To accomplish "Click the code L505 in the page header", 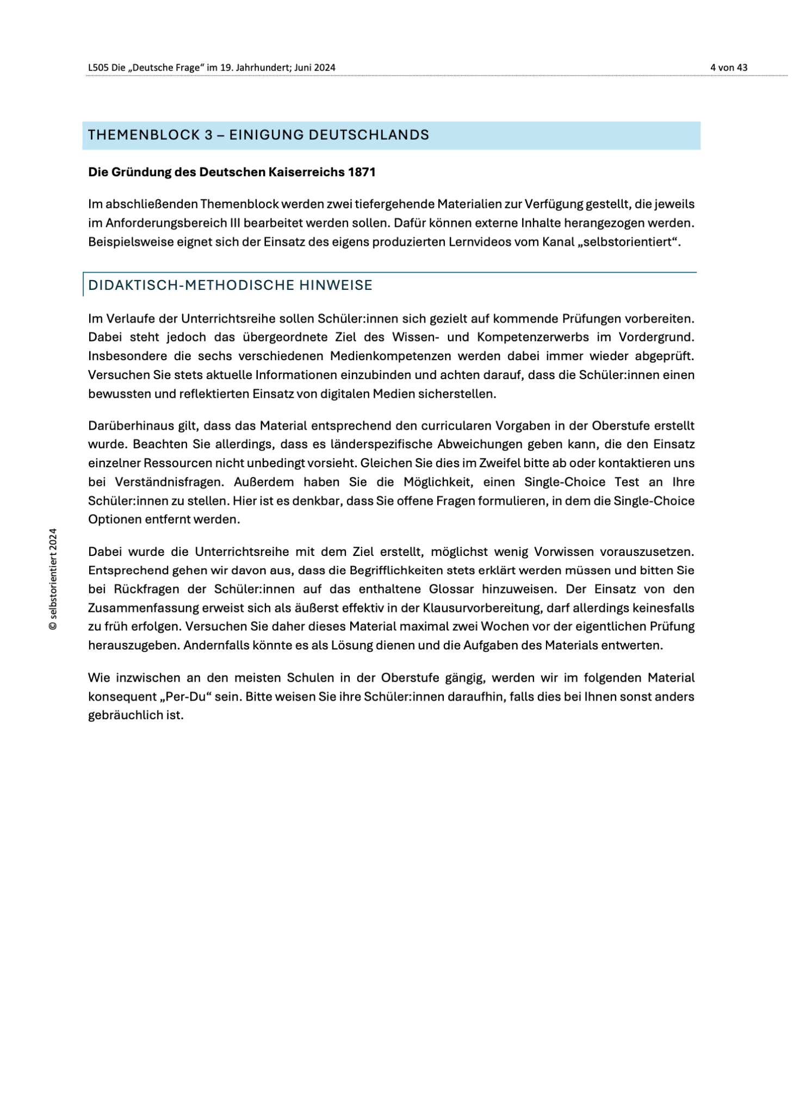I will click(98, 67).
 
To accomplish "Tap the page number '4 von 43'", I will click(729, 67).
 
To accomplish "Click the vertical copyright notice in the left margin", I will click(53, 579).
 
